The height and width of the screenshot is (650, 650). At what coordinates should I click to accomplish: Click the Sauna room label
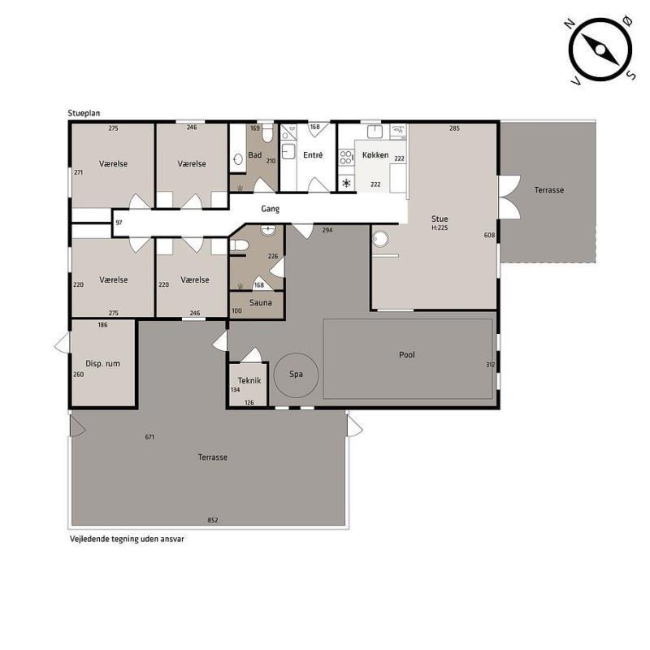(x=260, y=302)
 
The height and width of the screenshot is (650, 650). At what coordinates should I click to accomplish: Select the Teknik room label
(x=249, y=380)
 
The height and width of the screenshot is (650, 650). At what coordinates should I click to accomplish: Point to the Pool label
(x=407, y=354)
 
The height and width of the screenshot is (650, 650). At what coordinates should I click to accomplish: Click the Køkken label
(x=375, y=154)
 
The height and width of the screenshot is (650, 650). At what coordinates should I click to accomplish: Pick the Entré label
(x=313, y=154)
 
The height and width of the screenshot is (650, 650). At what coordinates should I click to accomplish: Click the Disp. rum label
(x=102, y=363)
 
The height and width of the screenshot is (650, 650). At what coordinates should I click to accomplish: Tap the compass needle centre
(x=600, y=50)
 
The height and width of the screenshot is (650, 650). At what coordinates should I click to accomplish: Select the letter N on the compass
(x=570, y=24)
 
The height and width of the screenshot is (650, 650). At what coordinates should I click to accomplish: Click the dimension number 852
(x=213, y=520)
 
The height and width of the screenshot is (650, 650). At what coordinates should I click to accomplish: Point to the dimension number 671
(x=149, y=436)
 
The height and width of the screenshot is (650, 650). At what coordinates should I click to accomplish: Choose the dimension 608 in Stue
(x=489, y=235)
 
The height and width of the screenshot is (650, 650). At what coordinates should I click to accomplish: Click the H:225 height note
(x=440, y=227)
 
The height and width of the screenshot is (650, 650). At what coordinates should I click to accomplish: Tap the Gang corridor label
(x=270, y=209)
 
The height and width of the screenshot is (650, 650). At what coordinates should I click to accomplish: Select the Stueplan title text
(x=84, y=113)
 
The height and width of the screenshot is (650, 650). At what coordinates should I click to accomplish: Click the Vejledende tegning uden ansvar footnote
(x=127, y=539)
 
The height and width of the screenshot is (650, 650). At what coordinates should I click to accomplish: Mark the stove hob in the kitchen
(x=346, y=157)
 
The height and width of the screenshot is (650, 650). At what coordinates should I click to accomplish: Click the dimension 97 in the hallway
(x=119, y=223)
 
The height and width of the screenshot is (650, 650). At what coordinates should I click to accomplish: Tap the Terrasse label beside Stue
(x=549, y=190)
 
